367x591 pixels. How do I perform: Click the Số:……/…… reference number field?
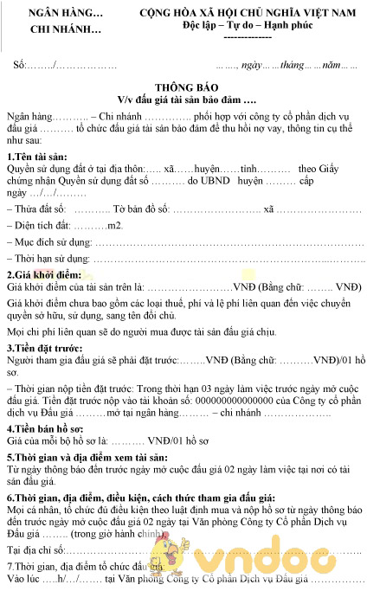coord(65,65)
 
